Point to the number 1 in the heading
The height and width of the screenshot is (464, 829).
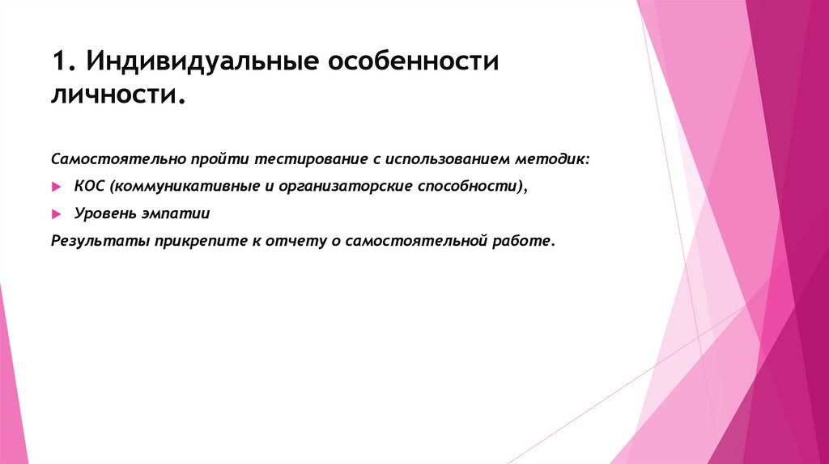pyautogui.click(x=57, y=64)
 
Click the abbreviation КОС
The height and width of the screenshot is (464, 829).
pyautogui.click(x=91, y=187)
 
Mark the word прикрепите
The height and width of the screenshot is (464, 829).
pyautogui.click(x=182, y=241)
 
